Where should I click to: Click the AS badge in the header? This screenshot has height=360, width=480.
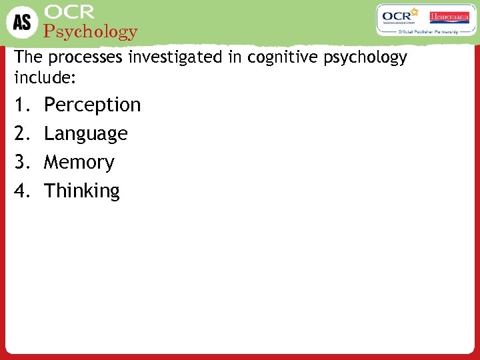point(23,21)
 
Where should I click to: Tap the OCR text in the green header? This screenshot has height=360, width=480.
point(69,12)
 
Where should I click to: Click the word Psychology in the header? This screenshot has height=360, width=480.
point(90,31)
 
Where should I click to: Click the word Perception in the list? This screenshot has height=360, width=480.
point(92,105)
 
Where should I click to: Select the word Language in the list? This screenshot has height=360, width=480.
point(85,133)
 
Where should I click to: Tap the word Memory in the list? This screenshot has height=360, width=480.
point(79,162)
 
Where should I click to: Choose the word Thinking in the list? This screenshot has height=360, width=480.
point(81,191)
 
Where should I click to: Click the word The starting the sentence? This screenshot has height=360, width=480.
point(27,57)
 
